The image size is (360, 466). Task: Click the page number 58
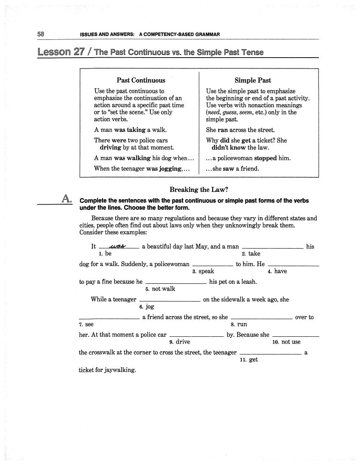(x=41, y=34)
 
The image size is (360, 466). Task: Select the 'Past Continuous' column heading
(x=141, y=80)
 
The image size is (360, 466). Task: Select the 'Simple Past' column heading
(x=253, y=80)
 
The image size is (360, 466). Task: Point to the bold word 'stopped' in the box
(x=265, y=158)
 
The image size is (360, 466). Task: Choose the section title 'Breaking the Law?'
(x=199, y=190)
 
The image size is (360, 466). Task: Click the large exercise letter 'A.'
(x=66, y=198)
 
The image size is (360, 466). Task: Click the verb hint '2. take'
(x=251, y=254)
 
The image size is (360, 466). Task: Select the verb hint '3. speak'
(x=203, y=272)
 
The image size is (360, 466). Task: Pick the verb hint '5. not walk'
(x=160, y=289)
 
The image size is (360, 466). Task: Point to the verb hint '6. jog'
(x=147, y=307)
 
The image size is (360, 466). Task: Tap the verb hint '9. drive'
(x=180, y=342)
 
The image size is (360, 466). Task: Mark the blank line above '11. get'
(x=270, y=353)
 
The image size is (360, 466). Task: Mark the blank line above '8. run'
(x=262, y=318)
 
